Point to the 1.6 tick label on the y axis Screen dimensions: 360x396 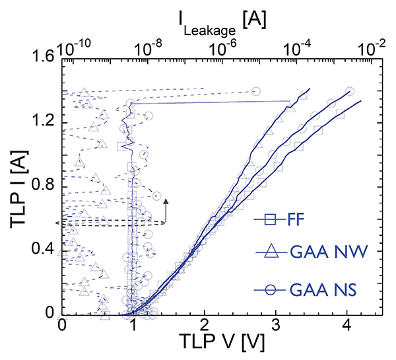43,59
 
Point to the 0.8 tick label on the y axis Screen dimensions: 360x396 43,186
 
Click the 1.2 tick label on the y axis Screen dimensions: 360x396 43,123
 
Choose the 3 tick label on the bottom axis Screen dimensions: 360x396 276,326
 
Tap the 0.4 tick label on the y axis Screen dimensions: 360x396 43,250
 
